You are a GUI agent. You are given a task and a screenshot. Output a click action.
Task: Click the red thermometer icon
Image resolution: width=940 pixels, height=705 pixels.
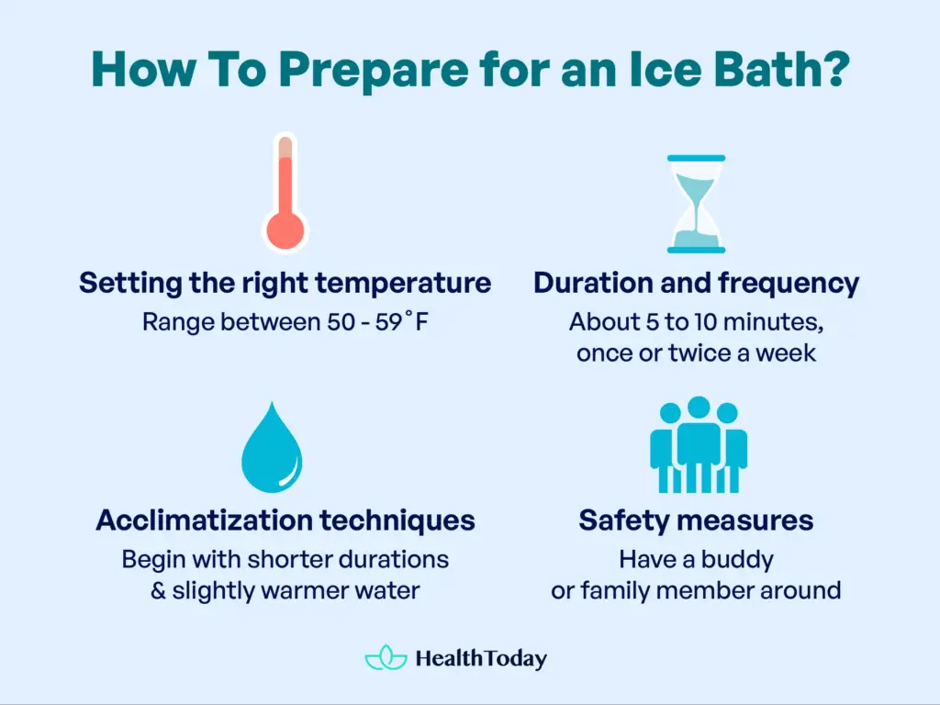[x=285, y=193]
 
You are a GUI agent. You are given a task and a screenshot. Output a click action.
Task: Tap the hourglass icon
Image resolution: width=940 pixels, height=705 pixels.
[x=696, y=204]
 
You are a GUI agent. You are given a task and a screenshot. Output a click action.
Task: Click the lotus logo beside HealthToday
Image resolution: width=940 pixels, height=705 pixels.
[x=386, y=658]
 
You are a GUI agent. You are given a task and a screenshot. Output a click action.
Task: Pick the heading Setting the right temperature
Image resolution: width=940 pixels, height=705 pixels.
[x=285, y=283]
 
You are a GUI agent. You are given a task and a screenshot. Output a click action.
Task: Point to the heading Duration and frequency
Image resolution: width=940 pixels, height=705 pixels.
[x=696, y=283]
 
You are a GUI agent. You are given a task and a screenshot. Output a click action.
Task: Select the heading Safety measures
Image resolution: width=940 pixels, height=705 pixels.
[x=696, y=520]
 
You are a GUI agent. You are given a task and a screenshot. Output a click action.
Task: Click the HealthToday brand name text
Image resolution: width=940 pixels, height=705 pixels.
[x=481, y=658]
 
